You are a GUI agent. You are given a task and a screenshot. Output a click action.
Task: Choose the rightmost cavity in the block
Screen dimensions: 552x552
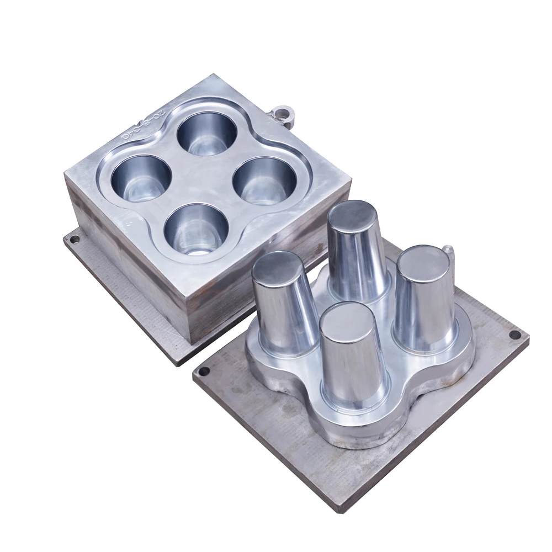(x=264, y=179)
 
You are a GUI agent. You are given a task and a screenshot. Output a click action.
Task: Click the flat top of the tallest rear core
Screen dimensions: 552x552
(x=352, y=211)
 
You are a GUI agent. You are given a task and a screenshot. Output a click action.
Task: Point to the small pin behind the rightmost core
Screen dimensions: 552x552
(x=449, y=252)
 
